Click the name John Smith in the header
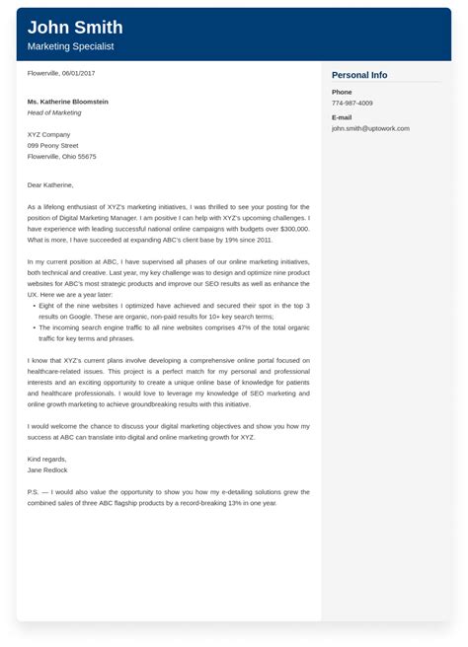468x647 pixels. [75, 27]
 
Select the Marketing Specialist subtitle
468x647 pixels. [70, 46]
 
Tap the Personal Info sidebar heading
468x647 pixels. [359, 75]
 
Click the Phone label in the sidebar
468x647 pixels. [343, 92]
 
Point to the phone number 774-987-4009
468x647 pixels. [352, 103]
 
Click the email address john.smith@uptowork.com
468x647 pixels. [370, 128]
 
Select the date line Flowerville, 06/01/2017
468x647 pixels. [61, 74]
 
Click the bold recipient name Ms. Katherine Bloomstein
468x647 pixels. [68, 102]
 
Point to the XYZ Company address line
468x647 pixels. [49, 134]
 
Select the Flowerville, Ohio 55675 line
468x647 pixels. [62, 156]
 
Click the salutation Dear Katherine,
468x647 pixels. [50, 184]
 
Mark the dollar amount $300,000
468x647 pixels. [292, 228]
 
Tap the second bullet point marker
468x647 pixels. [32, 326]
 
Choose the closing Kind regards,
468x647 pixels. [47, 459]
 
